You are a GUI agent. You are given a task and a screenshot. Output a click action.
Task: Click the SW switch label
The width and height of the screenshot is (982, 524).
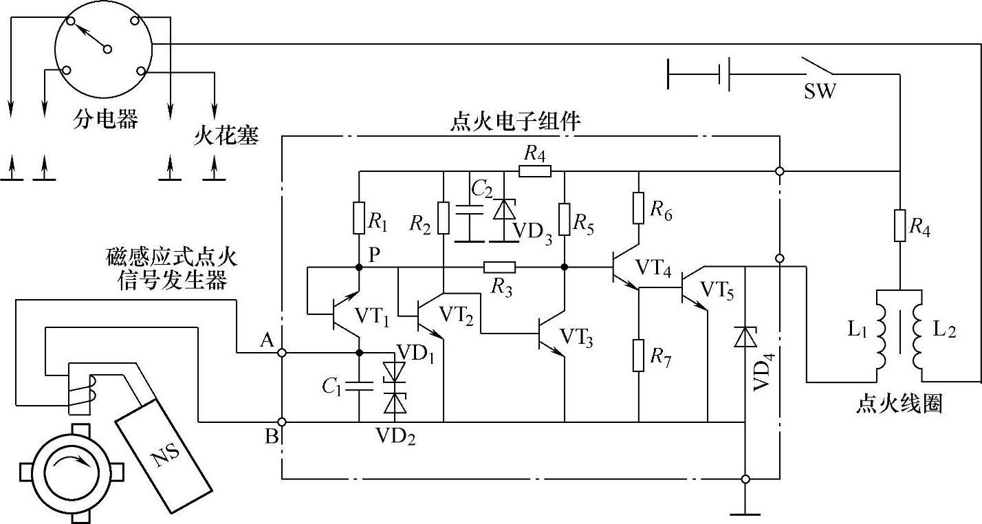(820, 91)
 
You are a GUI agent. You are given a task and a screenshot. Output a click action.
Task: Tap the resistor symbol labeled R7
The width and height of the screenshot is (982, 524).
(639, 355)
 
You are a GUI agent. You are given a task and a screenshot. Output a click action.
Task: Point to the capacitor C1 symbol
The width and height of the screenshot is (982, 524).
(359, 386)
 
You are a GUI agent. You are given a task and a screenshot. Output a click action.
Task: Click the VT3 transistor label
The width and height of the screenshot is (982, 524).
(577, 336)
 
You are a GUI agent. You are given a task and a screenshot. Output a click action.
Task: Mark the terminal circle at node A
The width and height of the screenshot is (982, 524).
(282, 353)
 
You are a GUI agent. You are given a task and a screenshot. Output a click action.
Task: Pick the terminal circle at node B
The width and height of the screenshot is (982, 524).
(282, 422)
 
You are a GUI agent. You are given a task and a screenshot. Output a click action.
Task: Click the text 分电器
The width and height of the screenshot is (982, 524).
(106, 119)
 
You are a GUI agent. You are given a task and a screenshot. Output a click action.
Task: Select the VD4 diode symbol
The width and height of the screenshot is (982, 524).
(745, 338)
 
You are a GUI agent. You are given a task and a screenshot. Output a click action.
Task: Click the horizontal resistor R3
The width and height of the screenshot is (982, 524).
(499, 267)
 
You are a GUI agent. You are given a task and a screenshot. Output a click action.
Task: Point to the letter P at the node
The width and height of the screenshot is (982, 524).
(374, 254)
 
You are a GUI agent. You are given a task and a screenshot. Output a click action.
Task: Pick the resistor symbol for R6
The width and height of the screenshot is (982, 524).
(639, 208)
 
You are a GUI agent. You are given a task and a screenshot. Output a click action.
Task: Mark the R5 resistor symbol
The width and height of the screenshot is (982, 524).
(564, 219)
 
